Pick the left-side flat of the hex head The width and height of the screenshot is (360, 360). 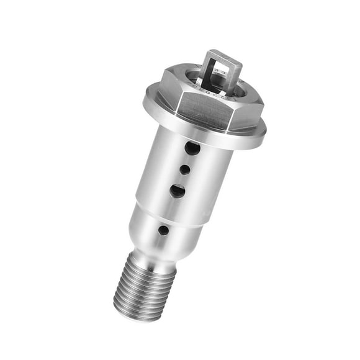coord(168,91)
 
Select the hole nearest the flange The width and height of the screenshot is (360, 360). coord(192,148)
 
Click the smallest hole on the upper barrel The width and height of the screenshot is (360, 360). coord(184,169)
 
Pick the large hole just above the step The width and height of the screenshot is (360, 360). coord(177,191)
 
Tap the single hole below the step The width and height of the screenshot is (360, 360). coord(163,230)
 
